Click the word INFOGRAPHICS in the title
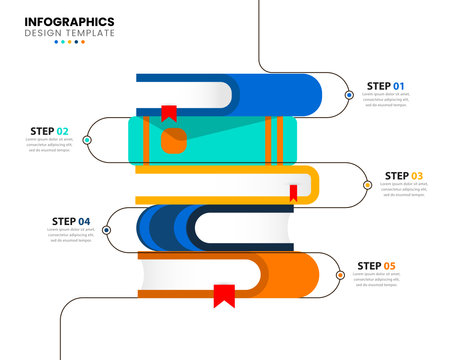coord(69,21)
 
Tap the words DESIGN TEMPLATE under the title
coord(69,33)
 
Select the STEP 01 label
coord(385,86)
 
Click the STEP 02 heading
coord(49,131)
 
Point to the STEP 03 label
coord(404,176)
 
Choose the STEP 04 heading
coord(70,221)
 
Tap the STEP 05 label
coord(376,266)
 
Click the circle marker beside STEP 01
coord(349,95)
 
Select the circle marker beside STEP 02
coord(87,140)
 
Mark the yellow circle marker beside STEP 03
coord(368,185)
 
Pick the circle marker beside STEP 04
coord(107,230)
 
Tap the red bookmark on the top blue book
coord(169,114)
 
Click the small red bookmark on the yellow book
coord(294,193)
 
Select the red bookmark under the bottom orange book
coord(224,295)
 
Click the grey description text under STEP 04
coord(70,234)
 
